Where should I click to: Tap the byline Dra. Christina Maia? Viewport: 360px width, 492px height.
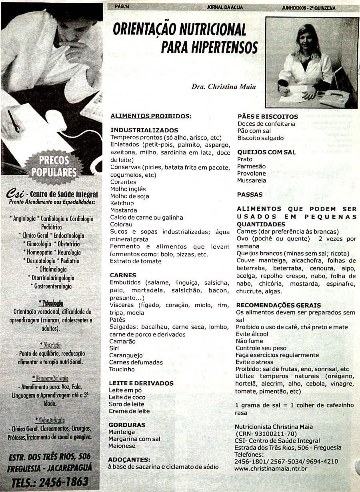224,87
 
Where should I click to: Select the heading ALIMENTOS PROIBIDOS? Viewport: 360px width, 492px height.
151,116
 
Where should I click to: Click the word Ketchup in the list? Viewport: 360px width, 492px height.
122,203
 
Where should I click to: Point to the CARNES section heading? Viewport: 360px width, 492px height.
123,275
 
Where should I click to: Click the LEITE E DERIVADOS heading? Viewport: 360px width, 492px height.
141,383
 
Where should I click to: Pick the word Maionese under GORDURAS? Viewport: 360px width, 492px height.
122,446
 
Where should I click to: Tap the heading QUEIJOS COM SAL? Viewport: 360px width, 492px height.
266,152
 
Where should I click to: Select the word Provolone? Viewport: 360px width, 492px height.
251,174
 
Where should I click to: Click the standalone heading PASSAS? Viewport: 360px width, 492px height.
250,195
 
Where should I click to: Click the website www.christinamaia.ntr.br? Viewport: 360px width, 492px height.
271,468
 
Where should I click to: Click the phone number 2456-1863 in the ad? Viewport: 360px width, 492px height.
65,482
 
